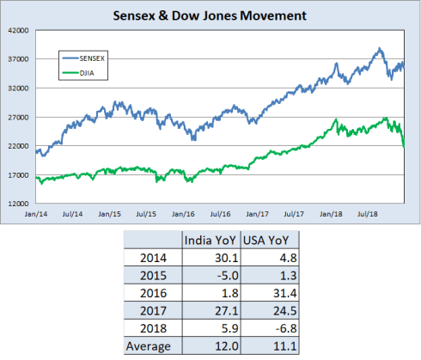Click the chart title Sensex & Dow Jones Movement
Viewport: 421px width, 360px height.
point(210,15)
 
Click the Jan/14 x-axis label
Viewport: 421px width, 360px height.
point(35,213)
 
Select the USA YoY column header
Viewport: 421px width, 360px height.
point(263,240)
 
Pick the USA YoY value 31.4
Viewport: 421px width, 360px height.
point(276,293)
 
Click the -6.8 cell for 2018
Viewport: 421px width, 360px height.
point(276,328)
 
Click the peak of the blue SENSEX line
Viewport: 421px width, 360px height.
point(379,48)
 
